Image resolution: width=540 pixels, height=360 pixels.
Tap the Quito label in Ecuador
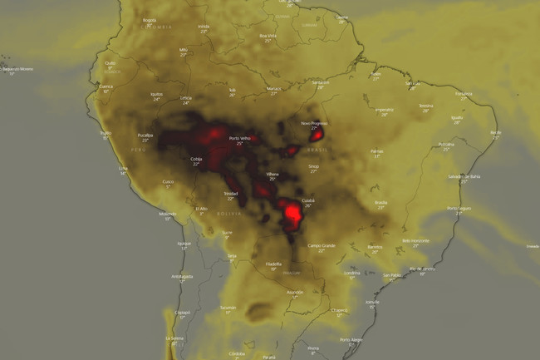pyautogui.click(x=110, y=62)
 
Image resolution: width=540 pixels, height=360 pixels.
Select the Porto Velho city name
pyautogui.click(x=240, y=138)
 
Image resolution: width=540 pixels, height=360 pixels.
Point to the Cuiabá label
pyautogui.click(x=307, y=200)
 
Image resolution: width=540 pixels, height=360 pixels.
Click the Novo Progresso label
pyautogui.click(x=314, y=123)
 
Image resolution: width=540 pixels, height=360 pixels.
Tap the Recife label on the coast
pyautogui.click(x=496, y=132)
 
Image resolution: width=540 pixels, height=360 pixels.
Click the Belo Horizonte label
pyautogui.click(x=415, y=240)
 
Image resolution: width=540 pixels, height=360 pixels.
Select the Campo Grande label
pyautogui.click(x=321, y=245)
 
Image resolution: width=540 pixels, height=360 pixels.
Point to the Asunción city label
pyautogui.click(x=294, y=292)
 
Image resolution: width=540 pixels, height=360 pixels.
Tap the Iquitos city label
pyautogui.click(x=156, y=94)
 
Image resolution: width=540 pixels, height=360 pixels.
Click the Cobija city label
pyautogui.click(x=196, y=158)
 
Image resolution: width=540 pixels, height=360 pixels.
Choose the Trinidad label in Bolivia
pyautogui.click(x=230, y=193)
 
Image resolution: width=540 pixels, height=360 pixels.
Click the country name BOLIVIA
pyautogui.click(x=228, y=214)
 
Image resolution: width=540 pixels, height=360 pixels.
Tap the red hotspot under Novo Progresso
pyautogui.click(x=316, y=136)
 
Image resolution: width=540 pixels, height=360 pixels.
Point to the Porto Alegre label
pyautogui.click(x=351, y=339)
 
